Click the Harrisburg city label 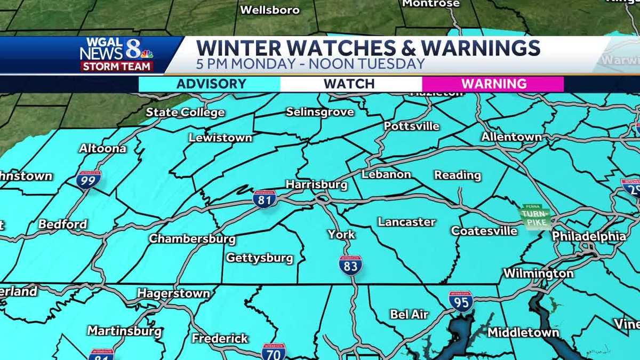[316, 185]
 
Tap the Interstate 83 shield [350, 265]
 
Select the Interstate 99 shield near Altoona [88, 180]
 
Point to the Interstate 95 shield [461, 302]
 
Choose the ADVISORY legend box [211, 84]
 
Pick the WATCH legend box [349, 84]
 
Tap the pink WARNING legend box [493, 84]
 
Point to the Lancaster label [406, 222]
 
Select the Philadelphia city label [589, 236]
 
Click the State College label [185, 113]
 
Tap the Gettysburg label [260, 258]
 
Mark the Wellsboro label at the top [270, 10]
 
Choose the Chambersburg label [192, 238]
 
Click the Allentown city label [511, 137]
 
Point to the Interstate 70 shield [274, 352]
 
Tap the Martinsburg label [124, 331]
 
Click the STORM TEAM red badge [117, 67]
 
